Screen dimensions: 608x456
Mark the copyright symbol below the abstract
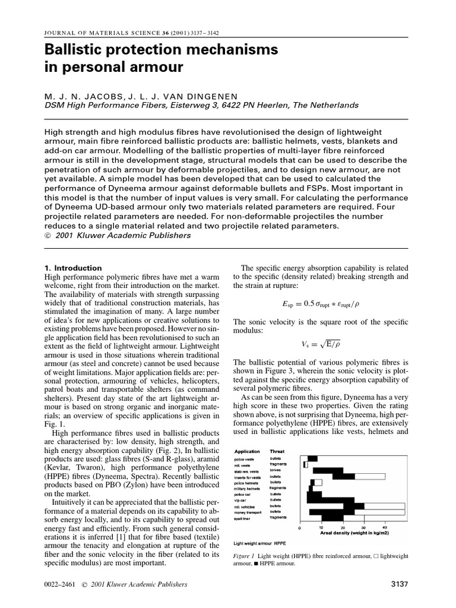[x=49, y=235]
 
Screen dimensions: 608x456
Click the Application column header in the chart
[x=247, y=451]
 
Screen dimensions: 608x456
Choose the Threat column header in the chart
[x=277, y=451]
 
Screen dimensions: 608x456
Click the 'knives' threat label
[x=275, y=470]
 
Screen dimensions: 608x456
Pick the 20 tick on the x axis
[x=343, y=527]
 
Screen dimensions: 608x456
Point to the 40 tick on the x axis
[x=385, y=527]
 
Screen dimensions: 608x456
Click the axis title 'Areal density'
[x=354, y=533]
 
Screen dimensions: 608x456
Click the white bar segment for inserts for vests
[x=372, y=476]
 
